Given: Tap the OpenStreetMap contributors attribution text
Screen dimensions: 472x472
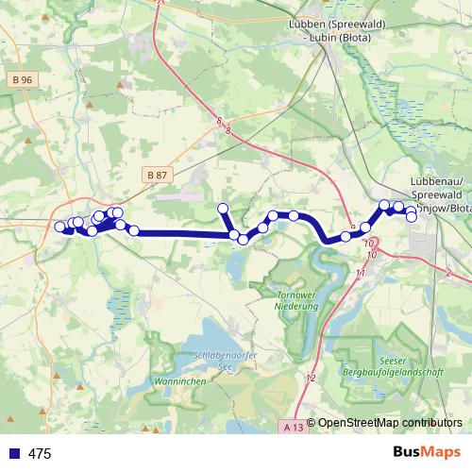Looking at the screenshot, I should tap(390, 423).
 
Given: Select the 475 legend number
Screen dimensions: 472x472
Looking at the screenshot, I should tap(40, 454).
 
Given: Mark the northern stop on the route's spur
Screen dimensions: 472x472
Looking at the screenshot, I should tap(224, 209).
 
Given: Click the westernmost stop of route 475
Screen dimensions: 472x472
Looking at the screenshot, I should tap(59, 227).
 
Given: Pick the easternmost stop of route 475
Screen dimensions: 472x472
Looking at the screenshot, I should tap(412, 217).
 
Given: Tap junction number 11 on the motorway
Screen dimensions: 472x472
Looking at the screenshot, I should tap(360, 273).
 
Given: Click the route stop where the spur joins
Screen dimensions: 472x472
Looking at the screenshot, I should tap(234, 234).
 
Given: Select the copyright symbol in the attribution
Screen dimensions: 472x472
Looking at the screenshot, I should tap(312, 423).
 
